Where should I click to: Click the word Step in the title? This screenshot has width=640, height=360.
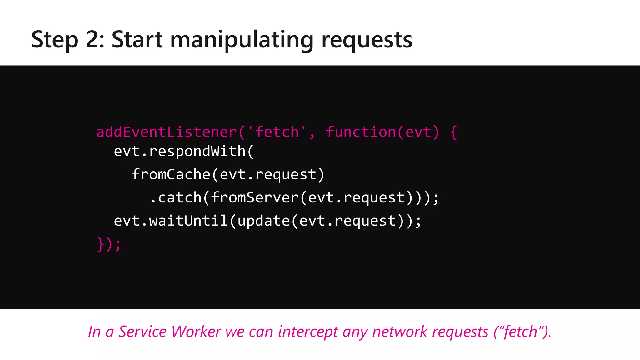pos(55,40)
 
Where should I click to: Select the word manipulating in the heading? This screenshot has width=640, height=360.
pos(242,40)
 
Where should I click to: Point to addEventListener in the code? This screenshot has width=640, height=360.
pos(167,132)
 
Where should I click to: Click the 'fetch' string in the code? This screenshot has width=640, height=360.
pos(277,132)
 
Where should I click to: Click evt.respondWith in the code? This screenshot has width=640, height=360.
pos(180,152)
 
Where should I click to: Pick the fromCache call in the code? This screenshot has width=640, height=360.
pos(171,174)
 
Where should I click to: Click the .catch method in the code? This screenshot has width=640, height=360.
pos(176,197)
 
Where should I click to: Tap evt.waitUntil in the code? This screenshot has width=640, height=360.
pos(171,221)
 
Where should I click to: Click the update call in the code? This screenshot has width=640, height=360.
pos(263,221)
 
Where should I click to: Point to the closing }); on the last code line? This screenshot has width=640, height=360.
pos(108,244)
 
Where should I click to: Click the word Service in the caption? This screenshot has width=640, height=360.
pos(142,332)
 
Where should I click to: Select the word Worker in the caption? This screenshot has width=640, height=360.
pos(196,332)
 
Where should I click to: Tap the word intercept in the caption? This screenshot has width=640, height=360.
pos(308,332)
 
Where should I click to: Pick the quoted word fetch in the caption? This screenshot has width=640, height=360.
pos(521,332)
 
